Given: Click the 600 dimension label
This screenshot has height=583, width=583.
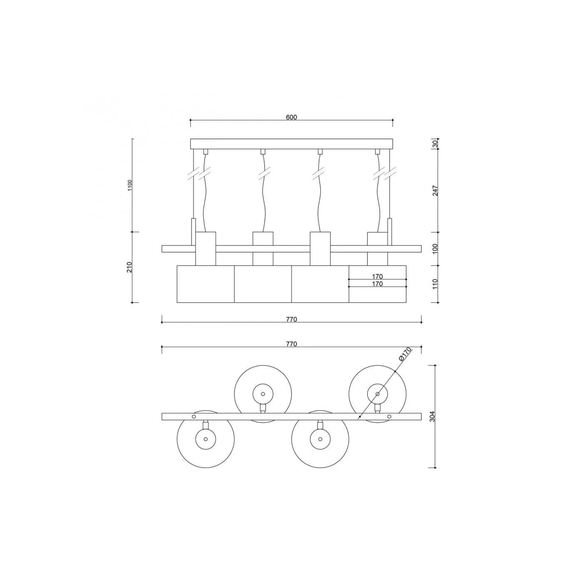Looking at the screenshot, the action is click(291, 117).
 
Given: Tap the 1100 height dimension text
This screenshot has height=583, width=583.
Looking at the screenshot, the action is click(130, 185).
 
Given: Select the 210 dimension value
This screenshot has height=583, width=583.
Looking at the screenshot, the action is click(130, 267).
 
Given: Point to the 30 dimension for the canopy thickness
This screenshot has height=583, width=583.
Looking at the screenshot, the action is click(435, 144).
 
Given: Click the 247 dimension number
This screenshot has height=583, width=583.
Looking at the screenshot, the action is click(435, 191).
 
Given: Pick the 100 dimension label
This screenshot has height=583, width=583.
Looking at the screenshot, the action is click(435, 249).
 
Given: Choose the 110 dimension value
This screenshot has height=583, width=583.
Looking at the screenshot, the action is click(435, 284).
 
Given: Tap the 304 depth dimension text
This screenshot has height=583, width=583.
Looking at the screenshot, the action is click(432, 416).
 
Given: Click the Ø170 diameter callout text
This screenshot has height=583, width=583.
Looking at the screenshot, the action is click(406, 354).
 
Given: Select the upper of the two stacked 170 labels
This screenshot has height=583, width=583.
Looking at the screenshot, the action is click(377, 276).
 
